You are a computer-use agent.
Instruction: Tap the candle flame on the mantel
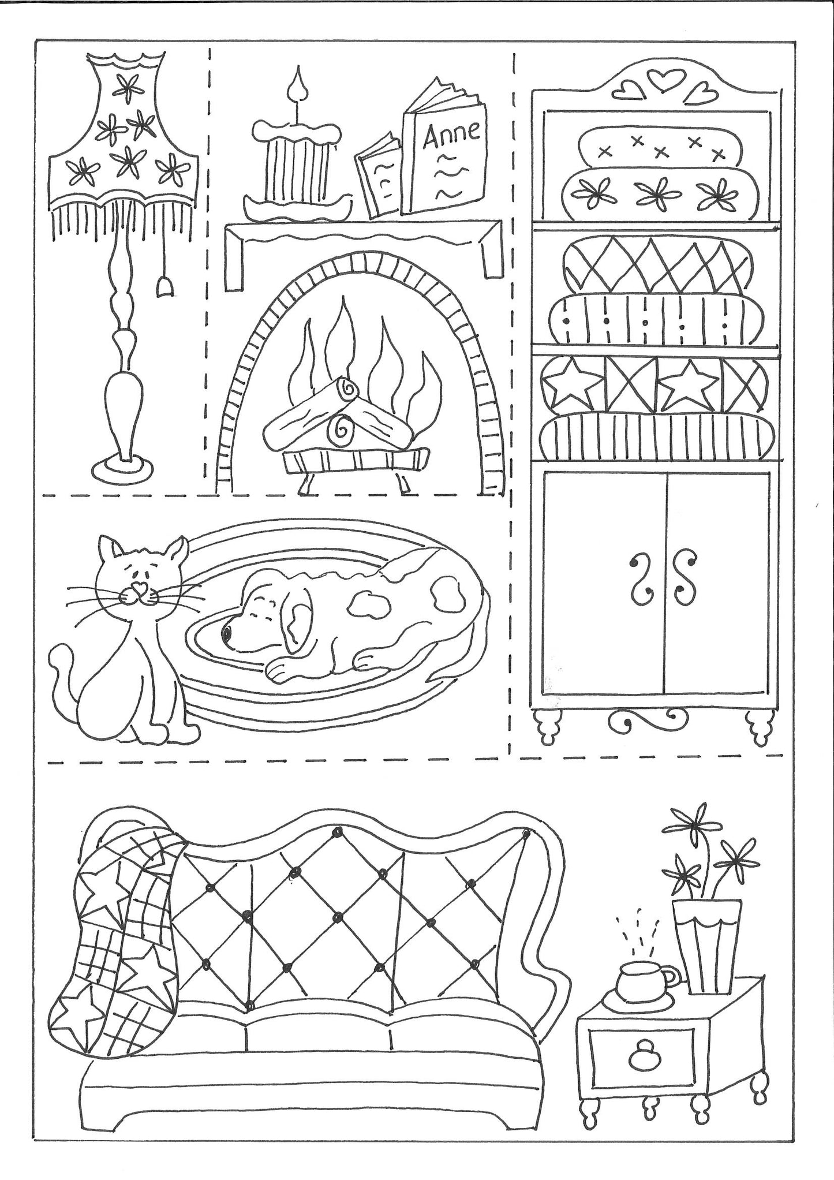[x=298, y=83]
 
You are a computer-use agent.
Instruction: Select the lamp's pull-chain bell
[x=164, y=286]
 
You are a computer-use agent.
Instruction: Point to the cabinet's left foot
[x=549, y=729]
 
